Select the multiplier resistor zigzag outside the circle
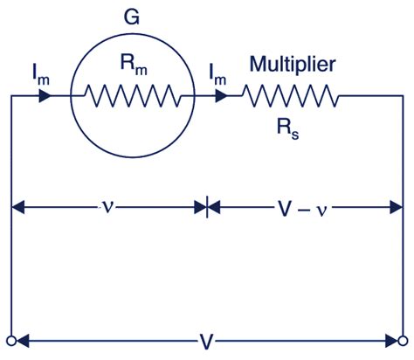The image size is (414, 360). (289, 94)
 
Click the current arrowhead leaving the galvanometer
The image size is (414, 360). (213, 94)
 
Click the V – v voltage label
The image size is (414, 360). (302, 209)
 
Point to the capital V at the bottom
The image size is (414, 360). (204, 338)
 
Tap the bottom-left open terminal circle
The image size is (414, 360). (11, 340)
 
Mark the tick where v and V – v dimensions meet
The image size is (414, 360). (207, 209)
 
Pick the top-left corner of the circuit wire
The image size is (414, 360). (11, 94)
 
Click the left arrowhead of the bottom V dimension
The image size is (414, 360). (22, 340)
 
